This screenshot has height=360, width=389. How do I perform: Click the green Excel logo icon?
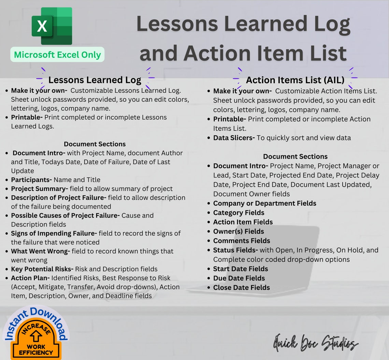tap(52, 26)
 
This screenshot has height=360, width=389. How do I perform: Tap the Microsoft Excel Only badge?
tap(57, 55)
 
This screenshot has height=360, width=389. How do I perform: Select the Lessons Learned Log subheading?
tap(95, 80)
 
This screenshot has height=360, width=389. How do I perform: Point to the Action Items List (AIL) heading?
tap(295, 80)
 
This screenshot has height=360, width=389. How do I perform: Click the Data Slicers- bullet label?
tap(234, 138)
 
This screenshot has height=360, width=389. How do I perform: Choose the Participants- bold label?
tap(31, 180)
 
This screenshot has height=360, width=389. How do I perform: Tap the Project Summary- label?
tap(39, 189)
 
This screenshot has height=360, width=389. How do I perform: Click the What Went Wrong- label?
tap(40, 251)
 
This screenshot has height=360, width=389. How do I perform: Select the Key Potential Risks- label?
tap(42, 269)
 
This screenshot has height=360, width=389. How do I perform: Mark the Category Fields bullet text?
tap(239, 213)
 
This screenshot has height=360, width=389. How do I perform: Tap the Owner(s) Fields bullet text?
tap(239, 231)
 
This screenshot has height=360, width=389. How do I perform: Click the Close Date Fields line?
tap(241, 287)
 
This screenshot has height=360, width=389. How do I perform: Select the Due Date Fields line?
tap(239, 278)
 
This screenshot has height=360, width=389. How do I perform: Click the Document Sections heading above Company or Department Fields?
tap(295, 156)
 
